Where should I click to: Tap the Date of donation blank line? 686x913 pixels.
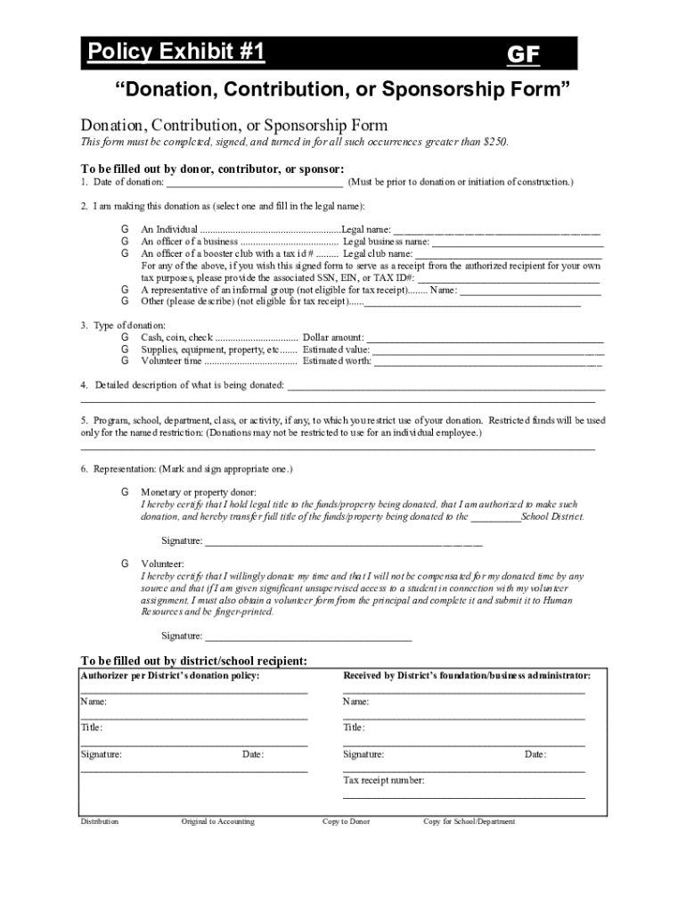tap(255, 183)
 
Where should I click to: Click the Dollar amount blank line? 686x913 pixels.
tap(485, 339)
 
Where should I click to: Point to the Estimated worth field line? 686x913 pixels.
tap(487, 363)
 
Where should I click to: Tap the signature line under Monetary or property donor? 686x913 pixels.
tap(343, 541)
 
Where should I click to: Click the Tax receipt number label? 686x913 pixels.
tap(384, 780)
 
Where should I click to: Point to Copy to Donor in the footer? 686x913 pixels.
tap(346, 821)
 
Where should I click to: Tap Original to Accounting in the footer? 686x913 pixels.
tap(217, 821)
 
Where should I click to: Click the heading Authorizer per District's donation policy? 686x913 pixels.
tap(170, 676)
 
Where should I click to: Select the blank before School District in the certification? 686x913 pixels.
tap(495, 517)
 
